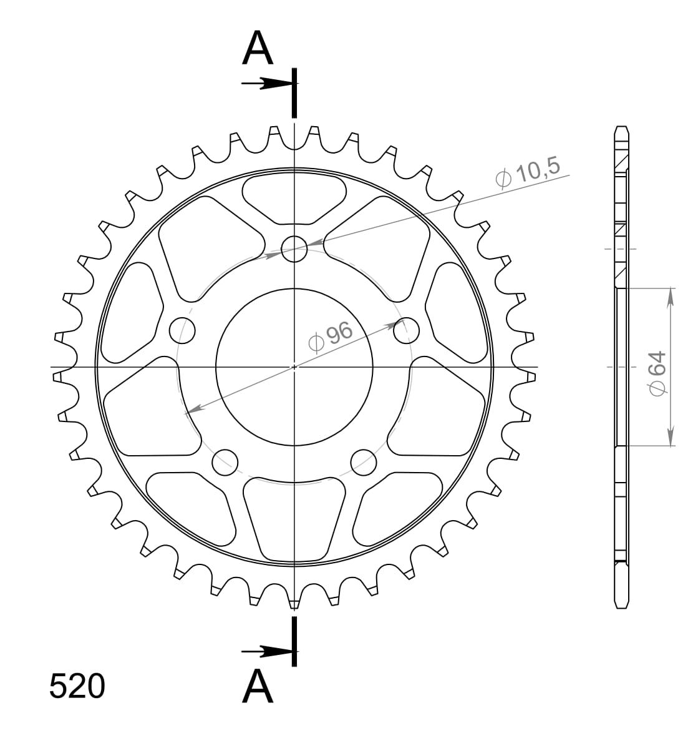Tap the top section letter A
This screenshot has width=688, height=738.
point(258,48)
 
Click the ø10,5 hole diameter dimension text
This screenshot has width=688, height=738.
point(528,173)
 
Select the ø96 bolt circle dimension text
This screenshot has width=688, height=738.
point(330,337)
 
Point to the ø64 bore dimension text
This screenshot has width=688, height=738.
point(659,373)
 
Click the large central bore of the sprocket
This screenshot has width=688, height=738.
point(294,367)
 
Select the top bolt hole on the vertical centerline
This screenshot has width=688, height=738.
point(294,248)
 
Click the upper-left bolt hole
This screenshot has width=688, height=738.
point(182,330)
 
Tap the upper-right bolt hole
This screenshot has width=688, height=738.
point(406,330)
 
